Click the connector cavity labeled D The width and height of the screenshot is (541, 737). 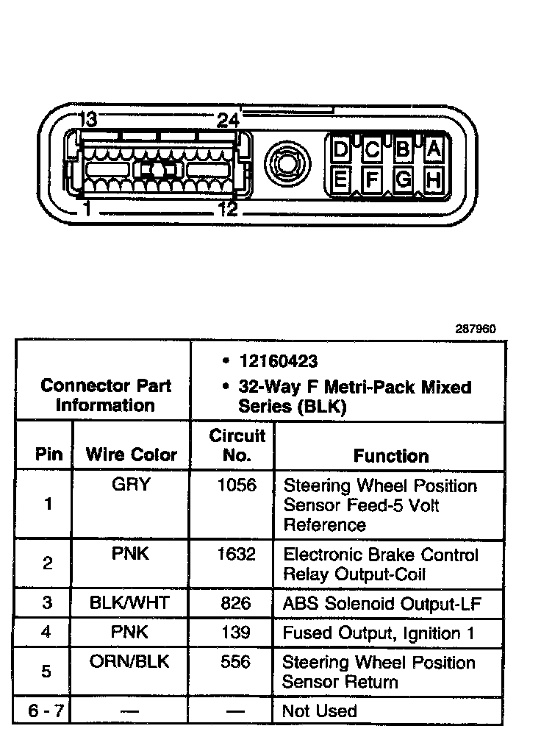click(x=340, y=150)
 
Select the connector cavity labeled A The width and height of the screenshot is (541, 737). click(x=434, y=150)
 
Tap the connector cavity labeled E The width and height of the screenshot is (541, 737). click(x=340, y=179)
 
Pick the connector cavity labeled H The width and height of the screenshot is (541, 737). click(x=434, y=179)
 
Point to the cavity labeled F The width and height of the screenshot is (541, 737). click(x=372, y=179)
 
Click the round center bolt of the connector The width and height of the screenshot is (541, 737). click(x=284, y=160)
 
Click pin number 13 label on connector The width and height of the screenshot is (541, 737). click(x=87, y=120)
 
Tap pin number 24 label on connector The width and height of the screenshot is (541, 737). click(x=228, y=120)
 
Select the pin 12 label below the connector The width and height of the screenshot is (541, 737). click(x=228, y=210)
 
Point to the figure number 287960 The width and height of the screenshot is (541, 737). click(x=476, y=329)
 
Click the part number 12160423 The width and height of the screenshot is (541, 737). click(x=279, y=361)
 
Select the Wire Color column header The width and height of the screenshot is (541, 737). click(x=132, y=455)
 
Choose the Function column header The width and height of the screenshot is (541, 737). click(x=391, y=456)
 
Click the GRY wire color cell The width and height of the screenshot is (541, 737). click(x=131, y=485)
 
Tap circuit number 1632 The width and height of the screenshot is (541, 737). click(x=236, y=554)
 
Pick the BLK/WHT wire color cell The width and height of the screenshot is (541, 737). click(x=129, y=603)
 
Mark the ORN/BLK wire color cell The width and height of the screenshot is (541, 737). click(x=129, y=661)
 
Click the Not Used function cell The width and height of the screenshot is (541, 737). click(x=320, y=711)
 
